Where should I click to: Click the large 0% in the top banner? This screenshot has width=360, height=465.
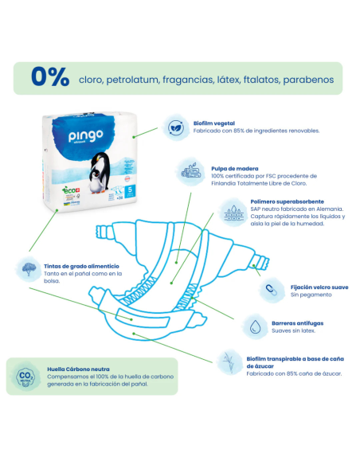(49, 78)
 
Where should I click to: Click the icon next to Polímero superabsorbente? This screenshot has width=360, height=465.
(235, 213)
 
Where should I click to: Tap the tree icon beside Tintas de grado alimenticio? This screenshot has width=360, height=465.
(28, 268)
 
